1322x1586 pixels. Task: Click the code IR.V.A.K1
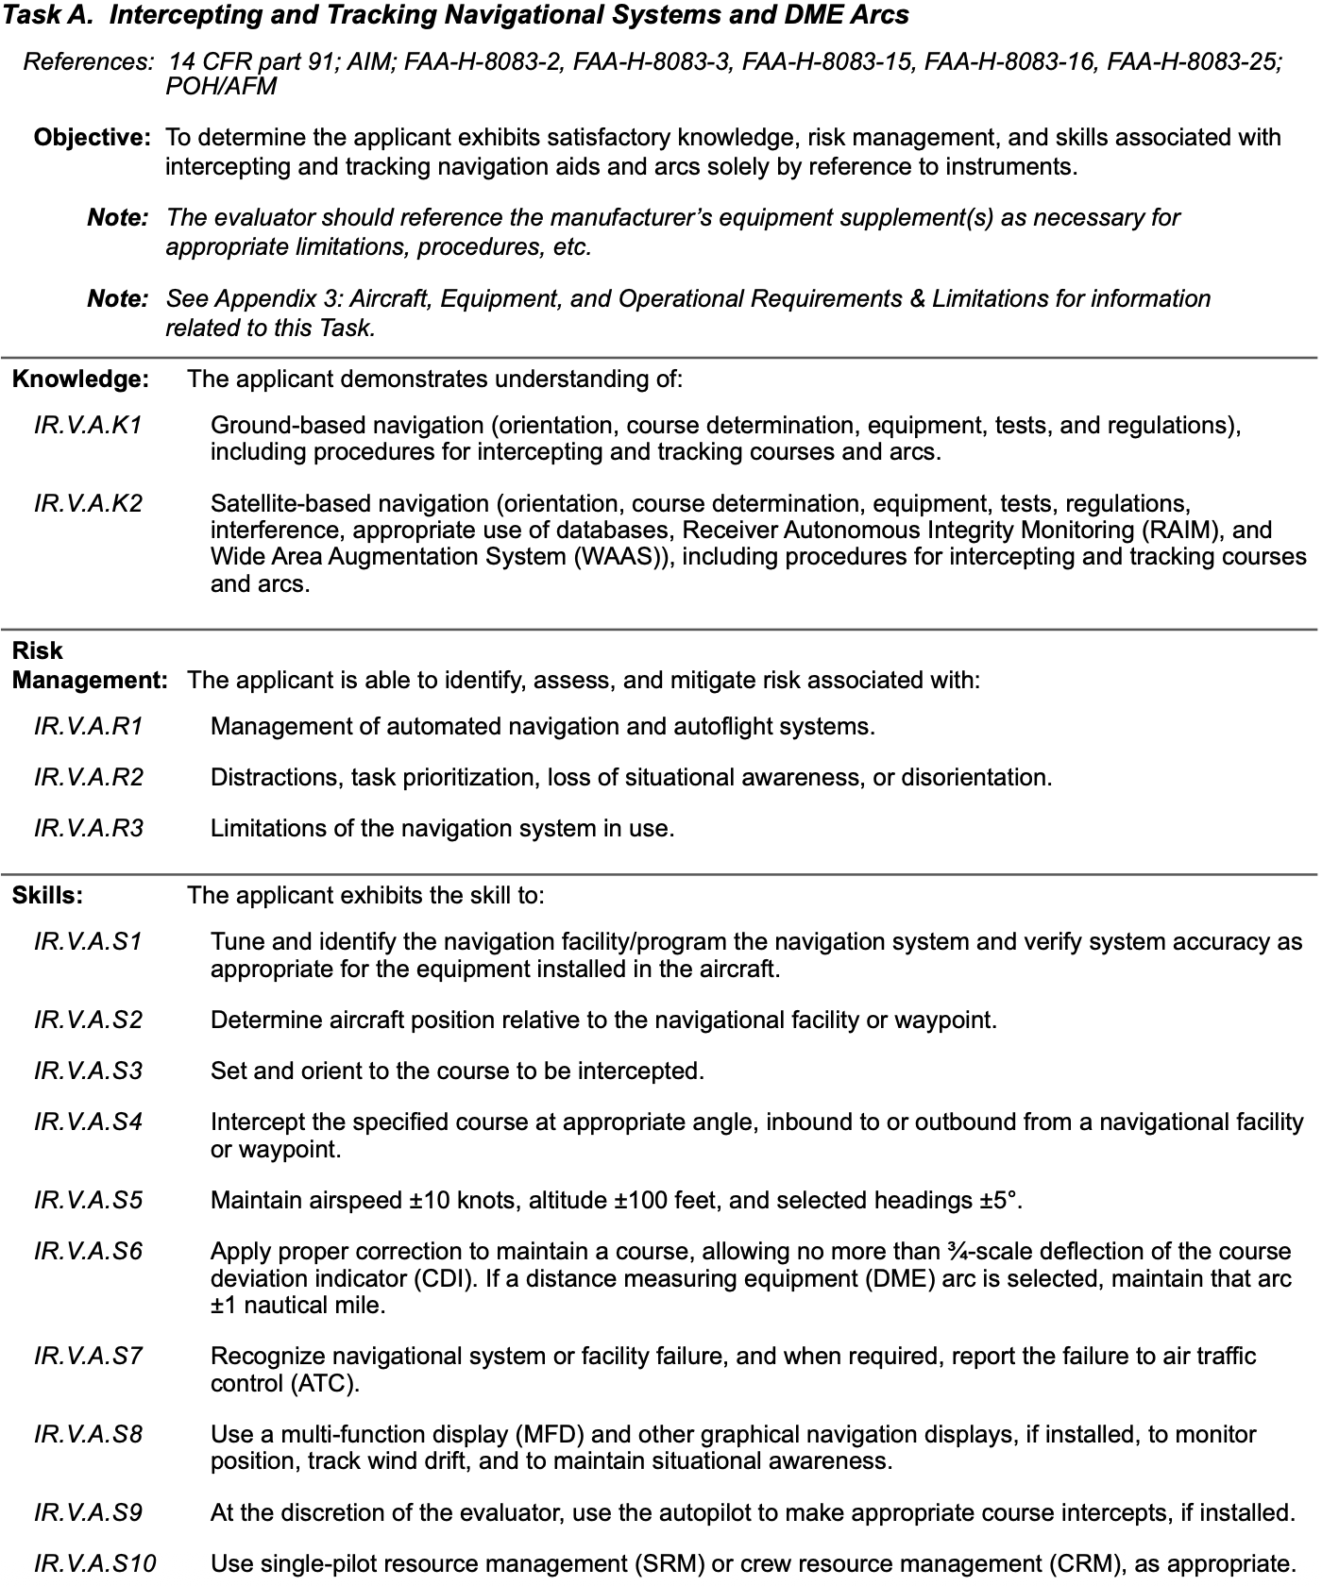[x=88, y=425]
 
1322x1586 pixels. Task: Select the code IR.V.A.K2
[x=88, y=503]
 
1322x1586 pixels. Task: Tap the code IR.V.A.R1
[x=88, y=726]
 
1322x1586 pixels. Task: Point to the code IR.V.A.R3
[x=88, y=828]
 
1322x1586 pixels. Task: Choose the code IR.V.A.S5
[x=88, y=1200]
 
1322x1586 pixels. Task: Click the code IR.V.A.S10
[x=94, y=1563]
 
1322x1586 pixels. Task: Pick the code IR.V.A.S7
[x=88, y=1357]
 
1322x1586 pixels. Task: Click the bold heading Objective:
[x=92, y=138]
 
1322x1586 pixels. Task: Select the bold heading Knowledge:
[x=80, y=379]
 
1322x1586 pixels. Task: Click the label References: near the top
[x=88, y=62]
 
